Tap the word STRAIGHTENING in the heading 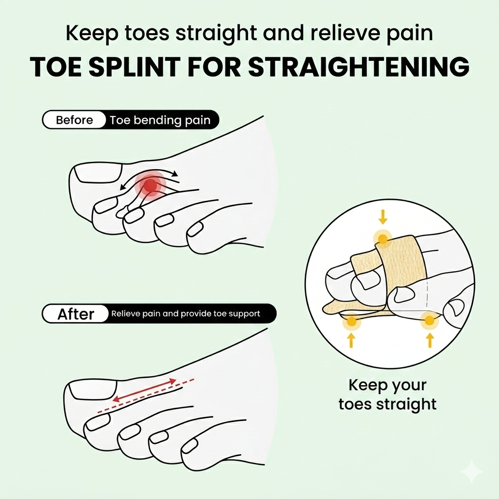tap(359, 67)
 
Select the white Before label tap(74, 120)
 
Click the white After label tap(76, 314)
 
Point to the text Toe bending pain tap(160, 120)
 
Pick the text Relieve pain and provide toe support tap(186, 314)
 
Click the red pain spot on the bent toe tap(151, 185)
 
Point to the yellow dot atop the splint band tap(383, 239)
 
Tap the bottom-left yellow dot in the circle tap(352, 322)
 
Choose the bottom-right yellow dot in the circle tap(429, 320)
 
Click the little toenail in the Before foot tap(195, 230)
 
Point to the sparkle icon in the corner tap(473, 473)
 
